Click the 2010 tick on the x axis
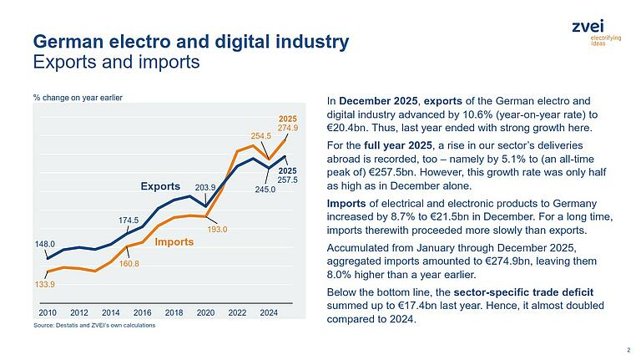(47, 312)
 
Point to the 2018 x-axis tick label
(174, 312)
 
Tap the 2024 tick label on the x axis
(269, 312)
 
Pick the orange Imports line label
(174, 242)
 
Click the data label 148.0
(45, 245)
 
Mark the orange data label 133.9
(45, 286)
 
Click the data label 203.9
(205, 187)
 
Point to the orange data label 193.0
(218, 228)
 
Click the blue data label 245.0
(267, 189)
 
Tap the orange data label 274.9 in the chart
(288, 128)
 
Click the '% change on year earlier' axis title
(78, 98)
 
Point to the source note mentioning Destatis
(93, 325)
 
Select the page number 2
(628, 350)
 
